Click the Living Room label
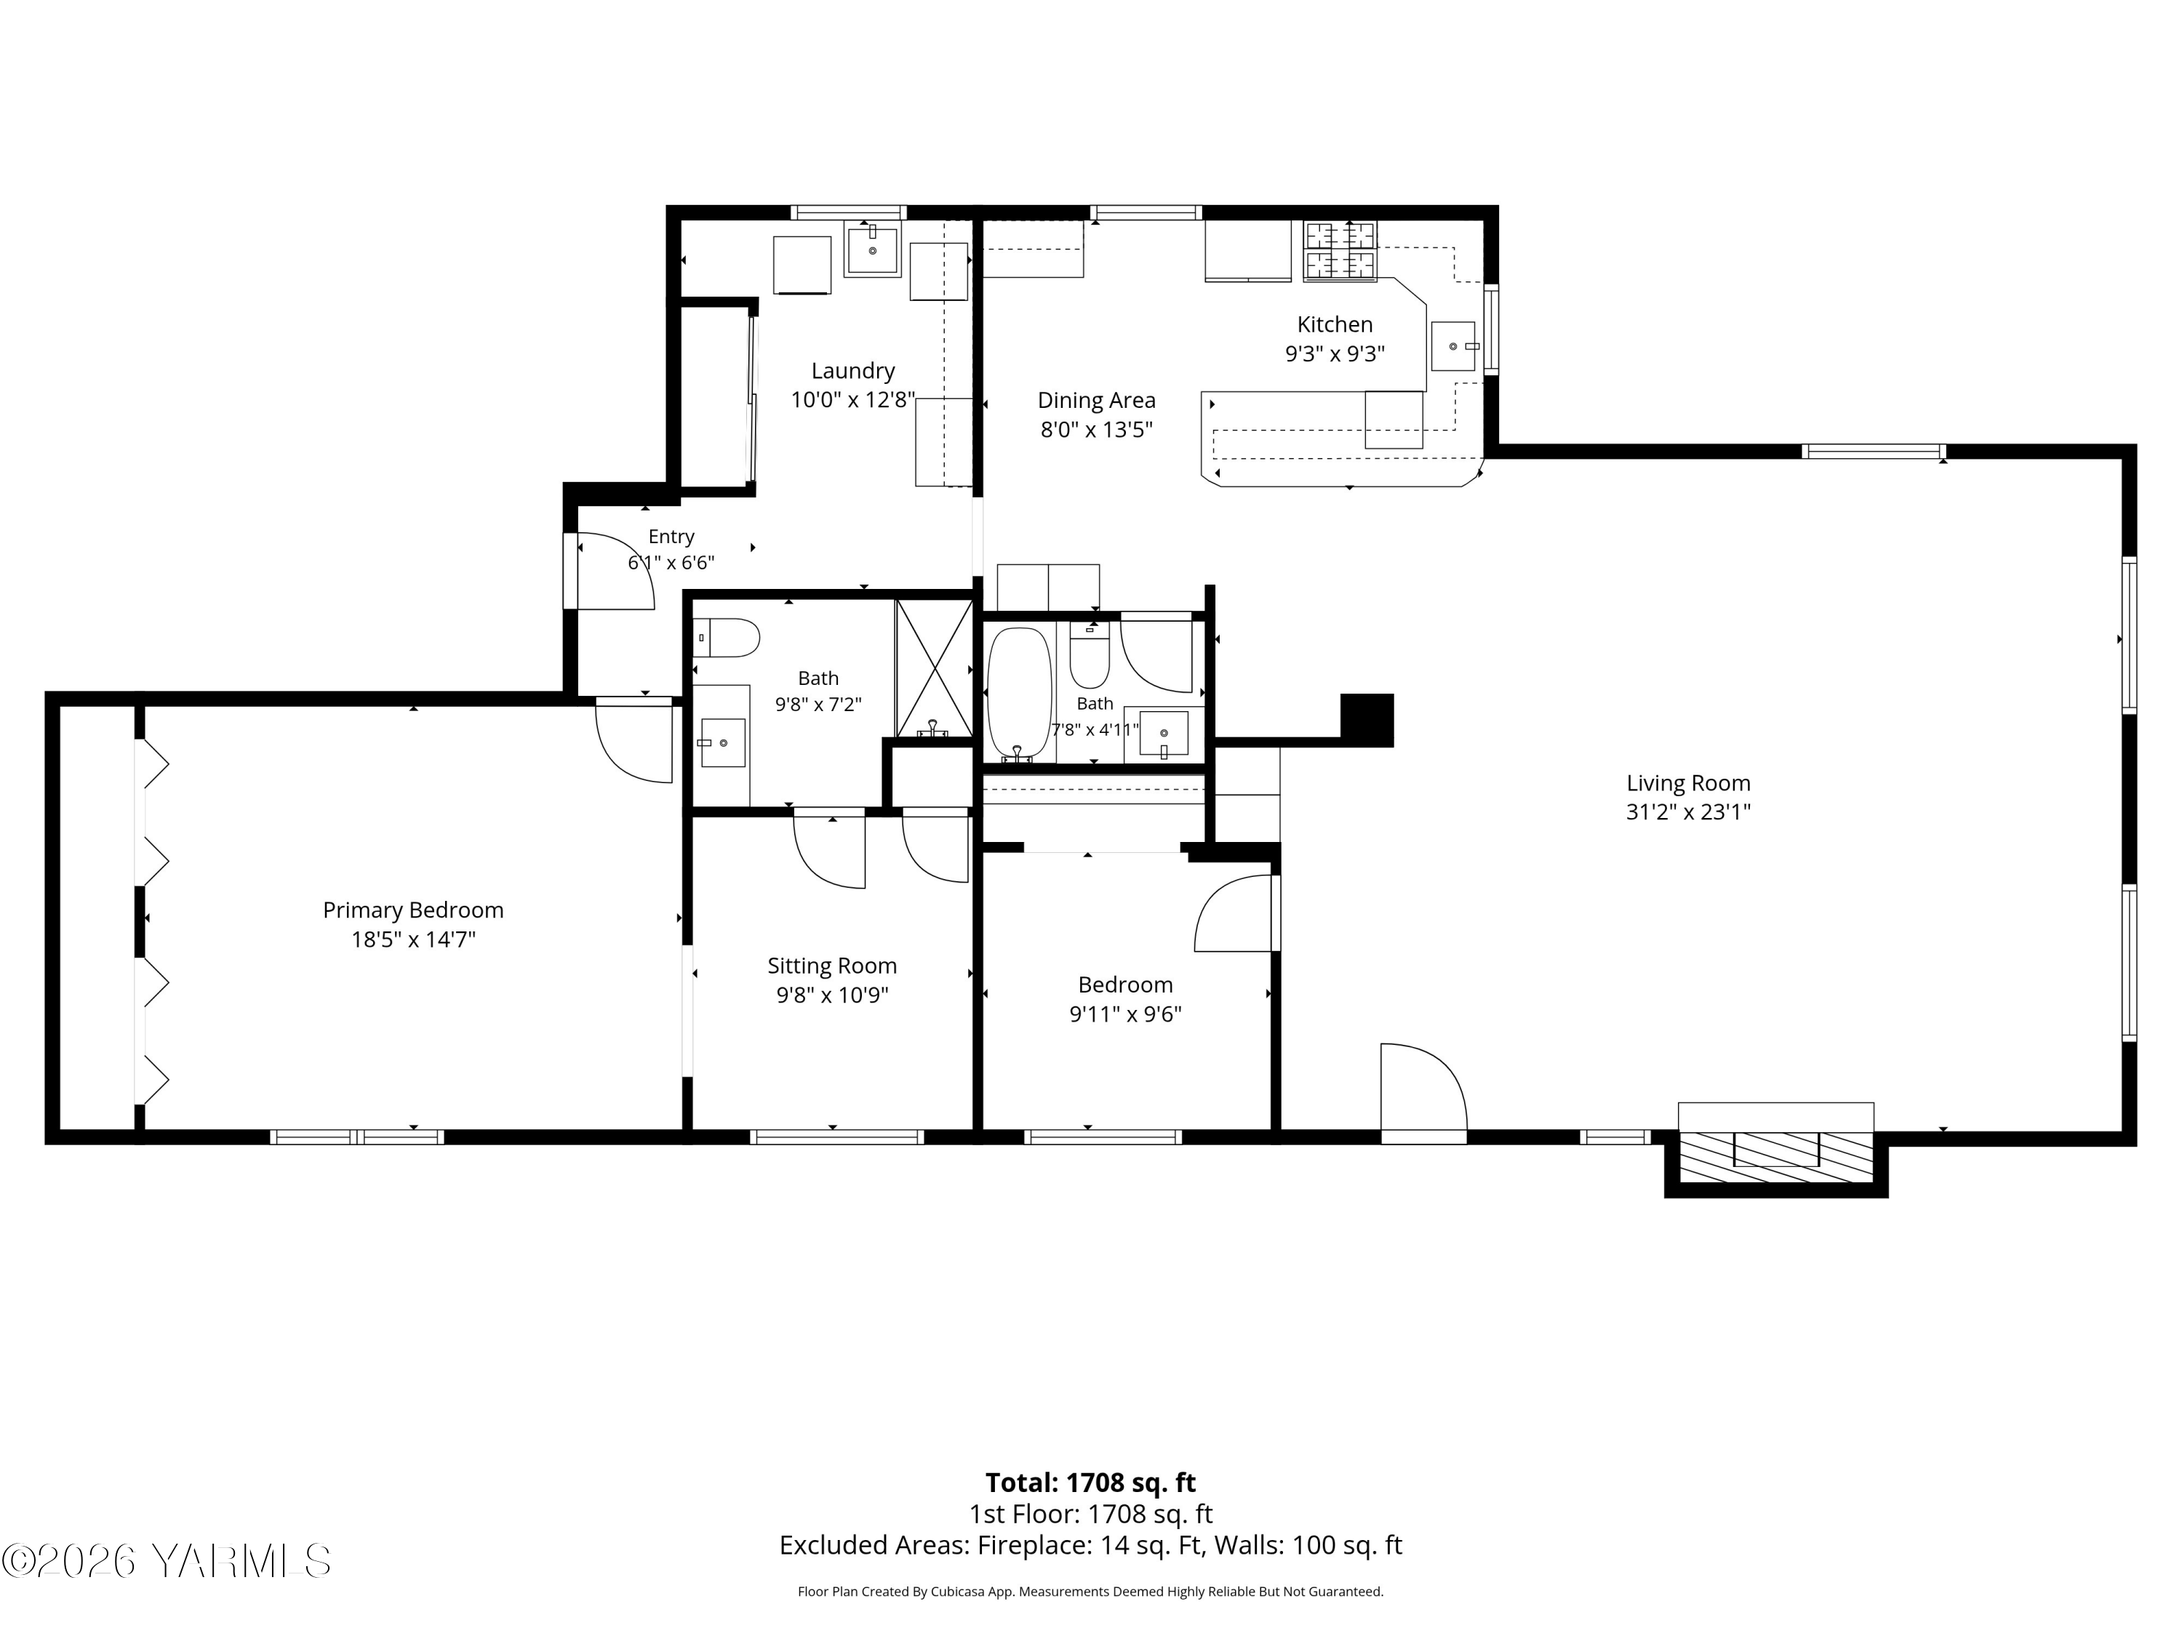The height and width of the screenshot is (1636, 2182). coord(1688,783)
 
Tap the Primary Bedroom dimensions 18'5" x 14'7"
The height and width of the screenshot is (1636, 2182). coord(413,939)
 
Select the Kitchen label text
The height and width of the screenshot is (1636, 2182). coord(1335,324)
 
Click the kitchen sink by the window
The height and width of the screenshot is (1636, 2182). coord(1454,346)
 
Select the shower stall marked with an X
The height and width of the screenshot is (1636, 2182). coord(933,667)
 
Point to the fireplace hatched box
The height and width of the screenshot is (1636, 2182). coord(1775,1156)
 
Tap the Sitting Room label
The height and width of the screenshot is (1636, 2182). coord(831,966)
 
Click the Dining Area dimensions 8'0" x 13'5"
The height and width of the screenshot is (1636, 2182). coord(1096,430)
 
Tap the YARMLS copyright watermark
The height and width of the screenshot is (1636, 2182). coord(166,1561)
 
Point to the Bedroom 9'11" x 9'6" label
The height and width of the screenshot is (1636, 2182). coord(1125,999)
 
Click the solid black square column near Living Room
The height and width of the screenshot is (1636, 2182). coord(1366,720)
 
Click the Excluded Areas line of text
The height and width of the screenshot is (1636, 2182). coord(1090,1545)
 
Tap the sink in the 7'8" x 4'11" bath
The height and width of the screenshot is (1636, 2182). coord(1164,734)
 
